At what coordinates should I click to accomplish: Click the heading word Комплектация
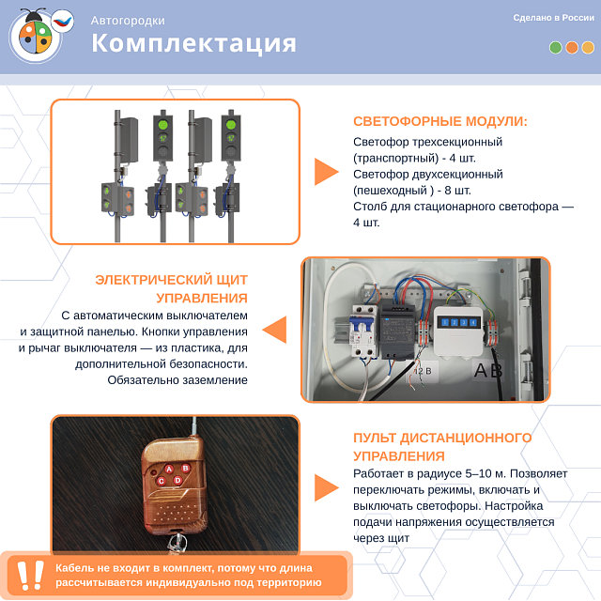(x=193, y=43)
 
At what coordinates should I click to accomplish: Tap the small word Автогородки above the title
(x=128, y=20)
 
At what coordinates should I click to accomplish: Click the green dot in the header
(x=556, y=47)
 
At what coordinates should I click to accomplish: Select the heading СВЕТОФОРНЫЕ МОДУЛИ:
(x=440, y=121)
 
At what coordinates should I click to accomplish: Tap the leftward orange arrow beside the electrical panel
(x=274, y=330)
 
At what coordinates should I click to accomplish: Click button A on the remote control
(x=169, y=469)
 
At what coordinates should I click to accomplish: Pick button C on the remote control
(x=162, y=482)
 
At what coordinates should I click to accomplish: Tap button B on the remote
(x=186, y=468)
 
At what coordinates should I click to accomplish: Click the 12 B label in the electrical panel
(x=423, y=371)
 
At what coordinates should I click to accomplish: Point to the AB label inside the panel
(x=488, y=371)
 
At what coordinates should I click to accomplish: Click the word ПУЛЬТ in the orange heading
(x=378, y=439)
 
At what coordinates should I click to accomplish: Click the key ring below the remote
(x=175, y=544)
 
